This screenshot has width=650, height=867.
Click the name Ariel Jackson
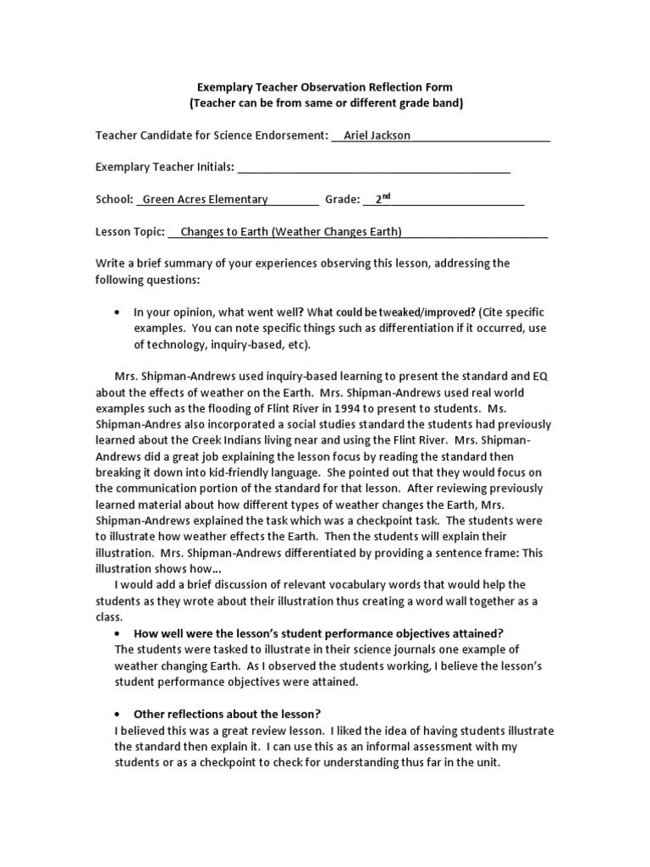(377, 135)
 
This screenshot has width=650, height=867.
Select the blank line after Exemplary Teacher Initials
(373, 168)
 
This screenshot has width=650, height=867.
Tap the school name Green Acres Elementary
(206, 200)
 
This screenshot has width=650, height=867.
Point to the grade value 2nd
(383, 199)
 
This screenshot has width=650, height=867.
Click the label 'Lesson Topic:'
(129, 232)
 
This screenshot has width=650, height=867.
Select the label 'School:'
(114, 200)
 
